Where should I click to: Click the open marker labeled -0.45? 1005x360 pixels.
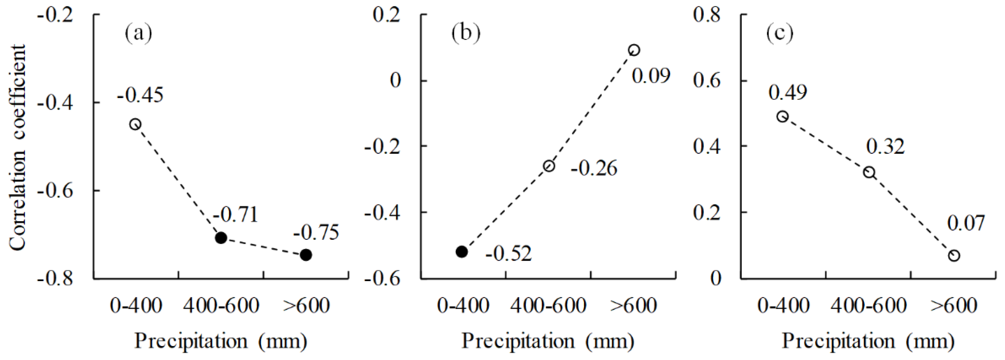click(x=135, y=124)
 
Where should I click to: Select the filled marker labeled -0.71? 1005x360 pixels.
click(x=221, y=238)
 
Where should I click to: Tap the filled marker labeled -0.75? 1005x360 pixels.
click(x=306, y=255)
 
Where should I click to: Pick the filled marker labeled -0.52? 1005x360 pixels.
click(x=462, y=252)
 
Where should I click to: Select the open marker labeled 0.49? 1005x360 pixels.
click(x=783, y=117)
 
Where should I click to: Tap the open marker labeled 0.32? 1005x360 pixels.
click(x=869, y=172)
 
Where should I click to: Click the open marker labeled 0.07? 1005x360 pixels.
click(x=954, y=256)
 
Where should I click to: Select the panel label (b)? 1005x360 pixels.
click(x=466, y=33)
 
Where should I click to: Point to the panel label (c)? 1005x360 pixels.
click(x=780, y=33)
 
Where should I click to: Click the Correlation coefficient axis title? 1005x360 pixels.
click(x=18, y=148)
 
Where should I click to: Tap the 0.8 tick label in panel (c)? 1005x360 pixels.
click(x=707, y=15)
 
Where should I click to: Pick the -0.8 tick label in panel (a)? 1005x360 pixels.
click(x=55, y=279)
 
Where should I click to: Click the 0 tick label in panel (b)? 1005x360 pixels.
click(x=395, y=80)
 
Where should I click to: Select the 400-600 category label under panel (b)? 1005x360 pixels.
click(x=548, y=305)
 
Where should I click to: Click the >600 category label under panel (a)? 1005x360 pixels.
click(x=306, y=305)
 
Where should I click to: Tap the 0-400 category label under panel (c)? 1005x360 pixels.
click(x=784, y=305)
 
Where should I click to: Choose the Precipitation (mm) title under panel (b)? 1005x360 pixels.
click(x=548, y=341)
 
